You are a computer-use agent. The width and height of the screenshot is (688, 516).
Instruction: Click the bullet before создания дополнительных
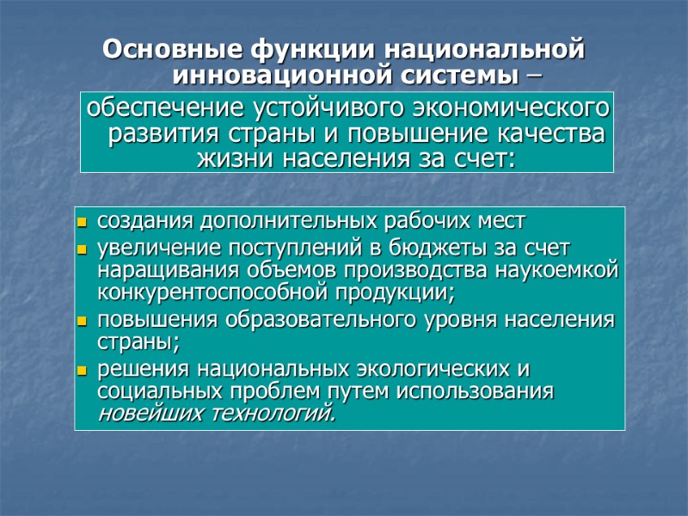point(83,224)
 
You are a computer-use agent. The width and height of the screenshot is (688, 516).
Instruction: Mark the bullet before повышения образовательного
point(83,322)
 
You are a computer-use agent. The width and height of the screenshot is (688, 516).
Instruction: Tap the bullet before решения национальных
point(83,372)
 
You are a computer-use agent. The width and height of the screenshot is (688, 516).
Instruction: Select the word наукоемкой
point(560,272)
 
